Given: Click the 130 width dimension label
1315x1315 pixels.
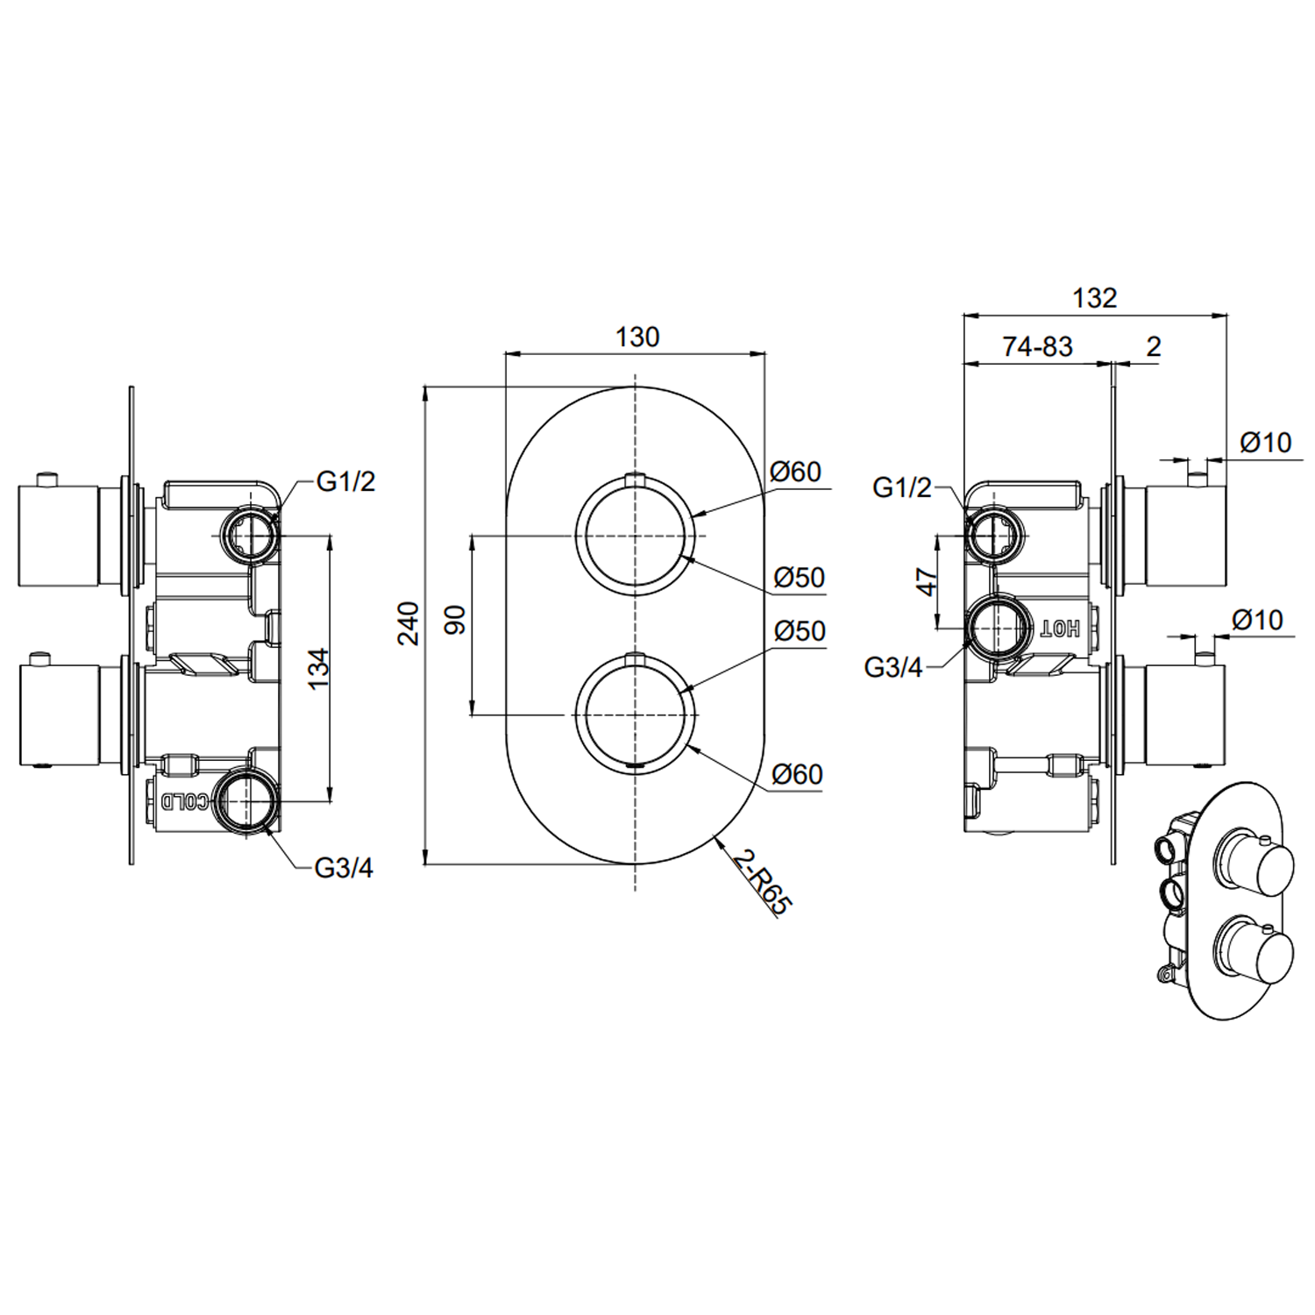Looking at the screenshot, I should point(636,337).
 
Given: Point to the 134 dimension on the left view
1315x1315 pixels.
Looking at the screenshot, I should point(319,667).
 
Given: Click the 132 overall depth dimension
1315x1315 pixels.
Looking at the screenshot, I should point(1094,298).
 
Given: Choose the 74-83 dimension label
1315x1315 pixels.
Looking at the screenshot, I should point(1037,347).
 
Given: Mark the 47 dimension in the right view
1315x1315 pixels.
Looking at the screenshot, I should point(927,581).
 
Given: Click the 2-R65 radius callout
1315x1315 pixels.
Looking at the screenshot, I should point(762,883).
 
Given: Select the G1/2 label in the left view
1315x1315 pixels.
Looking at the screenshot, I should point(345,481).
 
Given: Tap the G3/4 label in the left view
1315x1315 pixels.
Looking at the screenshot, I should point(344,868).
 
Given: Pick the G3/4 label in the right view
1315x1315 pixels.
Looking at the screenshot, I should point(893,667).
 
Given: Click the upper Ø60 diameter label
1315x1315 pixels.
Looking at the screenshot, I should point(796,472).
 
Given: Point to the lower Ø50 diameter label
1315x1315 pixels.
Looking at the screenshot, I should point(800,631).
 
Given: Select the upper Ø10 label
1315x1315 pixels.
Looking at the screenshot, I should point(1266,443).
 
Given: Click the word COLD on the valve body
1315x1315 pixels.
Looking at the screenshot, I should point(186,800).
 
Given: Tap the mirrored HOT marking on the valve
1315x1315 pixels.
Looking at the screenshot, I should point(1060,628).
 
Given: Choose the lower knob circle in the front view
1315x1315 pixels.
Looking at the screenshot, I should point(636,714).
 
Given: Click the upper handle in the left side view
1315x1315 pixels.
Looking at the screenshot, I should point(58,535).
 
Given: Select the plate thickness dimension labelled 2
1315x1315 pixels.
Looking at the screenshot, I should point(1153,347).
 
